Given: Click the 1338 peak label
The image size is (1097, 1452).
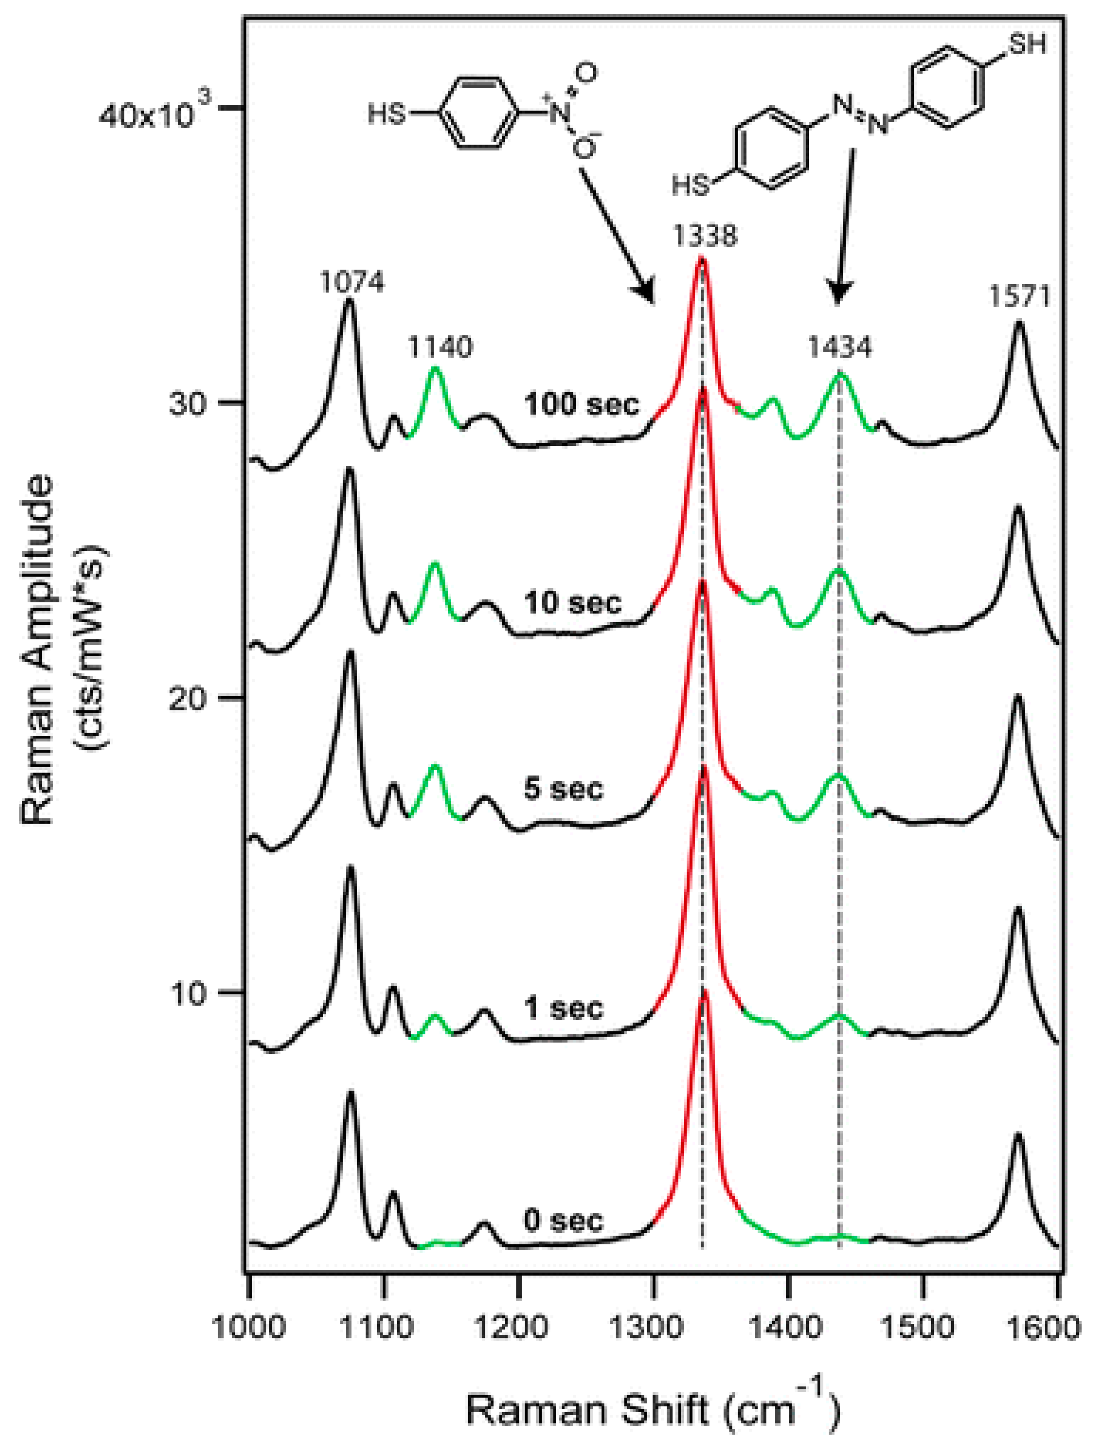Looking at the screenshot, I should click(705, 235).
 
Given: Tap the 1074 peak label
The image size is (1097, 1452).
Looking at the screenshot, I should click(352, 282).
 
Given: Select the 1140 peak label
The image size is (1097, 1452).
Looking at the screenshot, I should click(440, 347).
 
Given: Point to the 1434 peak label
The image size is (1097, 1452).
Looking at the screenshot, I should click(840, 347).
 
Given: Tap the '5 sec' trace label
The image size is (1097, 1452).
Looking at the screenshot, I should click(563, 788).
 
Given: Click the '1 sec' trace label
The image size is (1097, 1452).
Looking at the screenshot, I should click(563, 1008).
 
